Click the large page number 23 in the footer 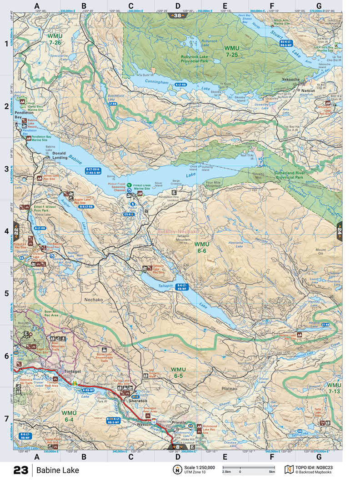point(21,470)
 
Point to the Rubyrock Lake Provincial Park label point(195,58)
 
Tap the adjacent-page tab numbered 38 point(177,16)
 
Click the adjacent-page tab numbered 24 point(339,230)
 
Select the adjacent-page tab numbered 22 point(17,230)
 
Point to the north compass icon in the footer point(176,470)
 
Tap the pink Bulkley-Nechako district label point(178,231)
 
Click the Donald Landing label point(60,155)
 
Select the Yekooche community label point(290,79)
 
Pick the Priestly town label point(179,422)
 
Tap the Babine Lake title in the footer point(58,470)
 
